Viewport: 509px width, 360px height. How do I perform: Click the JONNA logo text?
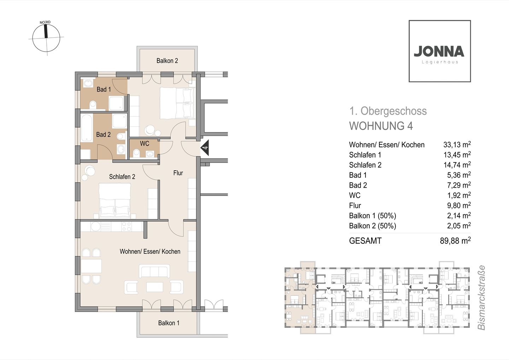439,51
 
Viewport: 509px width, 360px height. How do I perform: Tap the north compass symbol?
46,38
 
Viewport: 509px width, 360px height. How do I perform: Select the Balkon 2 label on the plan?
167,61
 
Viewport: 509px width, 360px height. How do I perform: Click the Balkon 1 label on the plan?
169,323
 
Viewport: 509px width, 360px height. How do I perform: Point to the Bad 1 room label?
104,89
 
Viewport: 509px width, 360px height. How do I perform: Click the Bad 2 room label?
103,135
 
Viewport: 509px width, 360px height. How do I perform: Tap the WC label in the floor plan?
145,143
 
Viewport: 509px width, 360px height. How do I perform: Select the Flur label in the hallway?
178,173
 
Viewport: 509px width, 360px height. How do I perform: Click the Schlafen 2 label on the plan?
122,177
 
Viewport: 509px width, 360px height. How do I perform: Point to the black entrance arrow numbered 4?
205,148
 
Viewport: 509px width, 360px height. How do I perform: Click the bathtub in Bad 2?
87,128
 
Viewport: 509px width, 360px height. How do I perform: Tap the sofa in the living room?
154,271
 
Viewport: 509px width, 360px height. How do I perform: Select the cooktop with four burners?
127,226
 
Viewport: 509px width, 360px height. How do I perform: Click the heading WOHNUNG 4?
381,126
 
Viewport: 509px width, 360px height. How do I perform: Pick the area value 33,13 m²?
457,144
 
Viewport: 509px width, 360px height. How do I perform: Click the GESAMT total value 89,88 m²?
455,241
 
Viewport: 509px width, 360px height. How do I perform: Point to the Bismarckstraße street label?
481,298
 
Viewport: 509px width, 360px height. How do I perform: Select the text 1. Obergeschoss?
388,111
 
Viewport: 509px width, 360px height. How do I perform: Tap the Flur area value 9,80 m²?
459,205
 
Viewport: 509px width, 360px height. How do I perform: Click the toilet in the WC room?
136,153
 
